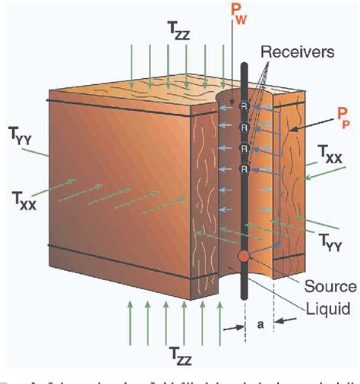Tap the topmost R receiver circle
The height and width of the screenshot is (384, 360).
point(245,105)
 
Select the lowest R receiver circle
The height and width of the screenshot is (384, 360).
point(245,168)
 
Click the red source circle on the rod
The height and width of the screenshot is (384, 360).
point(245,256)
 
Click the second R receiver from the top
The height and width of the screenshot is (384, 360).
point(245,126)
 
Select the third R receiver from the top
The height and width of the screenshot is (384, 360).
point(245,147)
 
